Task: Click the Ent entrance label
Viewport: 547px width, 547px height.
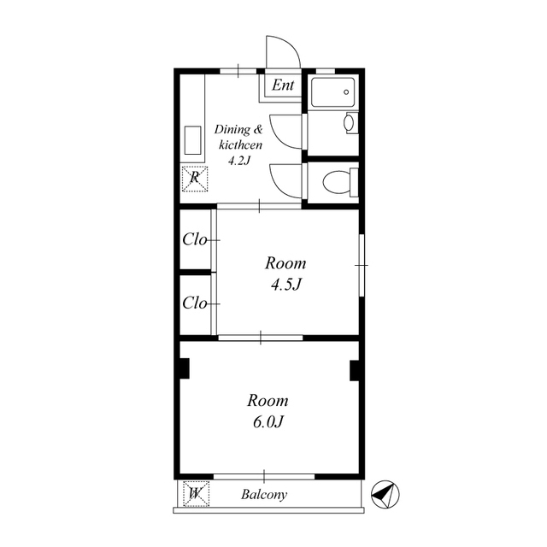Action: pyautogui.click(x=283, y=85)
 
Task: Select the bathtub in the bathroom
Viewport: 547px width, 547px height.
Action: pyautogui.click(x=333, y=92)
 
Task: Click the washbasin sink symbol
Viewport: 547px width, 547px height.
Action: pyautogui.click(x=350, y=123)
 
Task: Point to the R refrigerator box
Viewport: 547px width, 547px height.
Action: pyautogui.click(x=195, y=179)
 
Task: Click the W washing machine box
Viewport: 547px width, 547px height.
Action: pyautogui.click(x=196, y=494)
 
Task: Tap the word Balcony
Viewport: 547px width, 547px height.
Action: pyautogui.click(x=264, y=494)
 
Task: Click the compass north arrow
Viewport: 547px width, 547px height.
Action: pyautogui.click(x=385, y=494)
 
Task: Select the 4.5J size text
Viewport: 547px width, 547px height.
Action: pyautogui.click(x=285, y=285)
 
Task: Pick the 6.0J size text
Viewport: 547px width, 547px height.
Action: pyautogui.click(x=268, y=422)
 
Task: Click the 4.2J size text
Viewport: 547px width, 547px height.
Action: pyautogui.click(x=239, y=161)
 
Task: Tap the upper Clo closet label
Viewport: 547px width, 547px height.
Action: pyautogui.click(x=195, y=239)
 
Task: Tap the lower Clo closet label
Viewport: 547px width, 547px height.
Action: pyautogui.click(x=195, y=303)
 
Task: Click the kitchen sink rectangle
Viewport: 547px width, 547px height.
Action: pyautogui.click(x=192, y=140)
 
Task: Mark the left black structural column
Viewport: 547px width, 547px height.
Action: pyautogui.click(x=185, y=368)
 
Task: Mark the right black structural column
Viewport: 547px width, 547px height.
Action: pyautogui.click(x=355, y=370)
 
